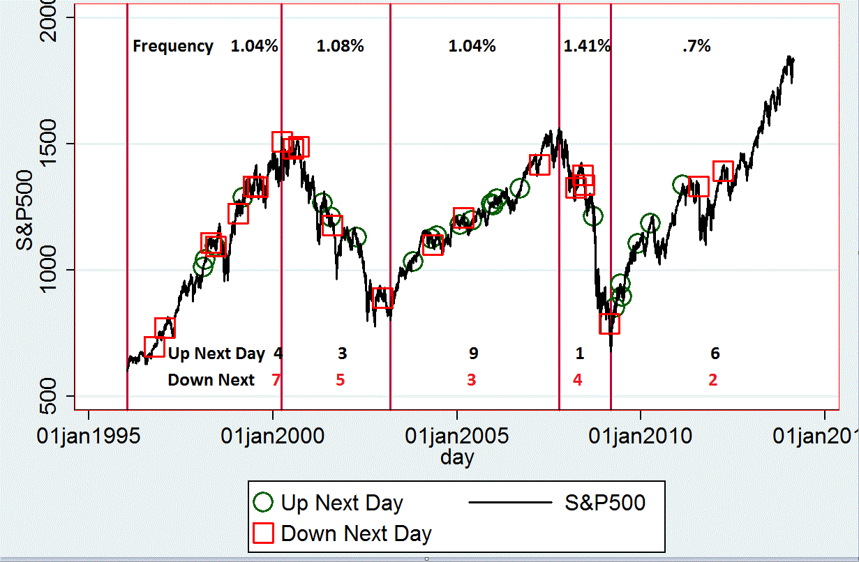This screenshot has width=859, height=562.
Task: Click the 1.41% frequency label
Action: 587,47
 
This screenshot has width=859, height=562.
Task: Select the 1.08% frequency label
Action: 341,47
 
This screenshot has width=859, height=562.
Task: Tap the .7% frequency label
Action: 696,47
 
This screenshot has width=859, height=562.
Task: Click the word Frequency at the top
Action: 173,47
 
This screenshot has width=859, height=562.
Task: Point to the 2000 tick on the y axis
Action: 57,18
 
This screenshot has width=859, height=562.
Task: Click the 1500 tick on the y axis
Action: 57,144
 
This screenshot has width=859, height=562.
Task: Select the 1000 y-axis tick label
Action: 57,270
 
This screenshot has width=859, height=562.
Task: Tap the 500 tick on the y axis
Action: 57,396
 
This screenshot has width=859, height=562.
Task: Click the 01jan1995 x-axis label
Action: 88,437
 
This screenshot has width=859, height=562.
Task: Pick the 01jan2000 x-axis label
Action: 272,437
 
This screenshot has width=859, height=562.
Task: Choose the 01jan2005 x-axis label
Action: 456,437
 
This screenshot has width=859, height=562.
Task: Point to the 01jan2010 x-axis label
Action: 640,437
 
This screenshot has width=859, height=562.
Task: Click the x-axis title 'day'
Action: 457,457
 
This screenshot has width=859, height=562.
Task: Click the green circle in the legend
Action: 263,502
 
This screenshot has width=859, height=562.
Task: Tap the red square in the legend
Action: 263,533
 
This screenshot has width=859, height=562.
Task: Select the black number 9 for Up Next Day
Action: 473,354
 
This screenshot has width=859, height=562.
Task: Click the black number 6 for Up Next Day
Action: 715,354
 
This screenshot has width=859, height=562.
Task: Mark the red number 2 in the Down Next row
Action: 712,380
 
